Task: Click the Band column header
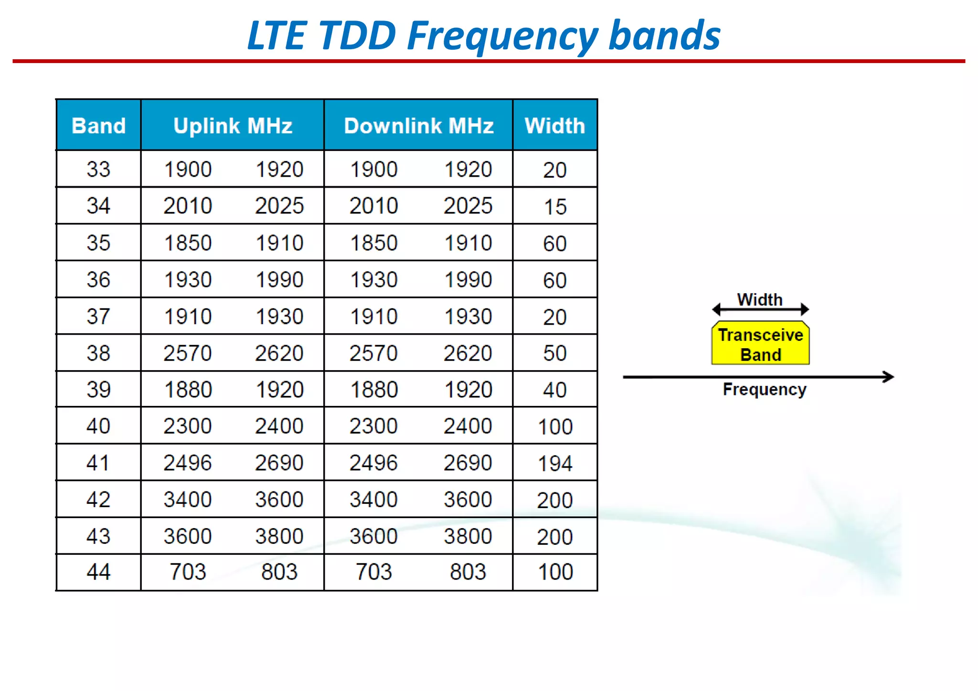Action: coord(98,126)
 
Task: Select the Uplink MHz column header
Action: coord(233,126)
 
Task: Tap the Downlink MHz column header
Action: coord(418,126)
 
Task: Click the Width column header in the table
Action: coord(555,126)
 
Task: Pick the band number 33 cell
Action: coord(98,170)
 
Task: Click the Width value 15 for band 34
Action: coord(555,207)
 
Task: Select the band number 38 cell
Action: coord(98,353)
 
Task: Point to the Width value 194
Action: coord(555,463)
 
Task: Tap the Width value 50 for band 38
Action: coord(555,353)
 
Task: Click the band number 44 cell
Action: coord(98,572)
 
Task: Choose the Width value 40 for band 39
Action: coord(555,390)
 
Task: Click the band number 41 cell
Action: coord(98,463)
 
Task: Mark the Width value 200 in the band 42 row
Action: coord(555,500)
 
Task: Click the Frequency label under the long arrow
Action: coord(764,390)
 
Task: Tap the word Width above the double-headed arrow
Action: coord(760,299)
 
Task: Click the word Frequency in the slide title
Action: coord(502,36)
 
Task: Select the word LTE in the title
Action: coord(276,36)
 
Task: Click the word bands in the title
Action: coord(664,36)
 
